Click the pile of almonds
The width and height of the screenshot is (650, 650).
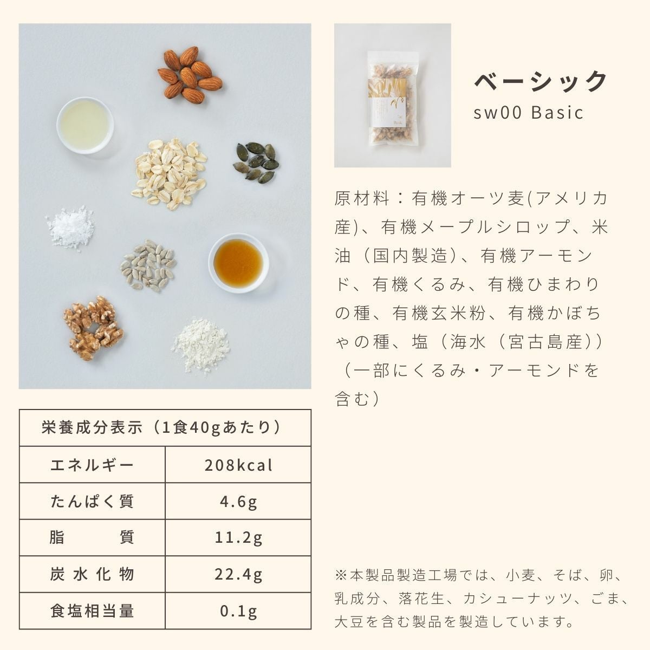point(190,75)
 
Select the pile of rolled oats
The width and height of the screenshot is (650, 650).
point(168,174)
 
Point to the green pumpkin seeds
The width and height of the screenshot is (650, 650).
point(256,162)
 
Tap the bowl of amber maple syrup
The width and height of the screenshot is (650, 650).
point(238,263)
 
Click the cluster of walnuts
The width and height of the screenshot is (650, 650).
point(93,328)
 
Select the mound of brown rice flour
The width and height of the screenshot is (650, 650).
point(201,346)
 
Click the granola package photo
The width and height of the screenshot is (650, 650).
point(393,95)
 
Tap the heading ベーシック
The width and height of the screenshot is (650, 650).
point(539,81)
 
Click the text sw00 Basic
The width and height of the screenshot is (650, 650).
point(528,112)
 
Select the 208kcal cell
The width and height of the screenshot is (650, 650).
point(238,465)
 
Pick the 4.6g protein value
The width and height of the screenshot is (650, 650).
point(238,502)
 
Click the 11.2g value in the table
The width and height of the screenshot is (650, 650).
point(238,538)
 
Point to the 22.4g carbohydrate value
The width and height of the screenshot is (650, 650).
point(238,574)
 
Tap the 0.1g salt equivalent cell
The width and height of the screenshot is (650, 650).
point(238,611)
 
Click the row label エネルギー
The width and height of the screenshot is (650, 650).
point(92,465)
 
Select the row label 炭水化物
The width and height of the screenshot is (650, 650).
point(92,574)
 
